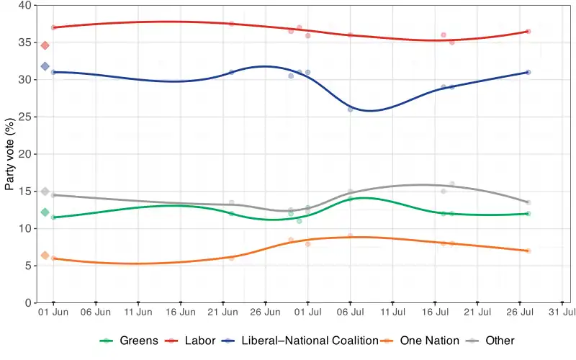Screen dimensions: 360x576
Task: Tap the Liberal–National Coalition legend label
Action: pyautogui.click(x=310, y=341)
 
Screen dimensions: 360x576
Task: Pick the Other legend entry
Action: pyautogui.click(x=500, y=341)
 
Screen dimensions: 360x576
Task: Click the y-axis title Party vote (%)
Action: pyautogui.click(x=10, y=154)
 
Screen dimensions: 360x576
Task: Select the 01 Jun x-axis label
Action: pyautogui.click(x=53, y=313)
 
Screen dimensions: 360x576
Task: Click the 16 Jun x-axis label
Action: pyautogui.click(x=181, y=313)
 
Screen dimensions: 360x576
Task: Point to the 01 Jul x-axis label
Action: pyautogui.click(x=308, y=313)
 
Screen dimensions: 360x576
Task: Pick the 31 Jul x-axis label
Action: pyautogui.click(x=562, y=313)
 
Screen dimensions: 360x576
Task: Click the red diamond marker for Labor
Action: pyautogui.click(x=45, y=45)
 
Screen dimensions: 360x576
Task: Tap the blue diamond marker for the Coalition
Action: pyautogui.click(x=45, y=66)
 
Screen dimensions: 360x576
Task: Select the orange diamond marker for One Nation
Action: pyautogui.click(x=45, y=256)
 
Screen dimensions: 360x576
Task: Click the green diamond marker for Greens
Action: pyautogui.click(x=45, y=212)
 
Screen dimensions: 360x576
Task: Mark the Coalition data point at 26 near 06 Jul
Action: pyautogui.click(x=351, y=109)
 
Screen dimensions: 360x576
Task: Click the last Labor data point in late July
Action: pyautogui.click(x=528, y=31)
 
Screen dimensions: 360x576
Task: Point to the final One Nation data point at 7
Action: pyautogui.click(x=528, y=251)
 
